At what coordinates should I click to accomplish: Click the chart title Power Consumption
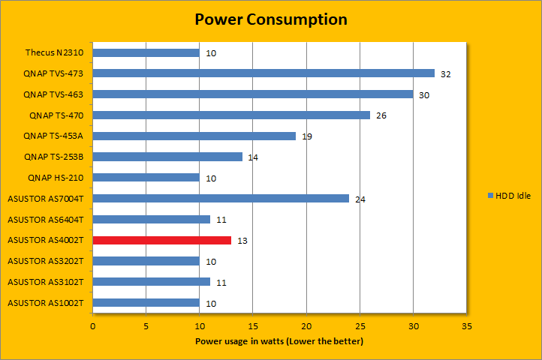271,19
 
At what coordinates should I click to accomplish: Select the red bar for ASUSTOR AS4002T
162,240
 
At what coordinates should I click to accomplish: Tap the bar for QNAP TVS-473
263,73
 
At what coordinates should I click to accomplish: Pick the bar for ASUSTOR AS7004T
221,199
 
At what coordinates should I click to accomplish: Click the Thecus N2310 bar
146,53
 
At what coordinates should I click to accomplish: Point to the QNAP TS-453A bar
194,136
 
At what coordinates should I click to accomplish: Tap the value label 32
446,73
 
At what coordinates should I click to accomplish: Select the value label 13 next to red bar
242,241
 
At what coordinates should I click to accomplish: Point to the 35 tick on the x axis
467,327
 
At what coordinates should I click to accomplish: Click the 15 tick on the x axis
253,327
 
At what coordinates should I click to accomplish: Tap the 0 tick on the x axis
93,327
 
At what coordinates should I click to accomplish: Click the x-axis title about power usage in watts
279,341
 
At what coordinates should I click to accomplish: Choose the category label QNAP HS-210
56,178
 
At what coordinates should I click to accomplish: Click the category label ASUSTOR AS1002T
45,303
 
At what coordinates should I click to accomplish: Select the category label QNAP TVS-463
53,94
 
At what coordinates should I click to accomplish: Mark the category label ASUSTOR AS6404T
45,220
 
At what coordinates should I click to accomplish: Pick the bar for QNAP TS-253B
167,157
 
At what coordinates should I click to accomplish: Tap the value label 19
306,136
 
